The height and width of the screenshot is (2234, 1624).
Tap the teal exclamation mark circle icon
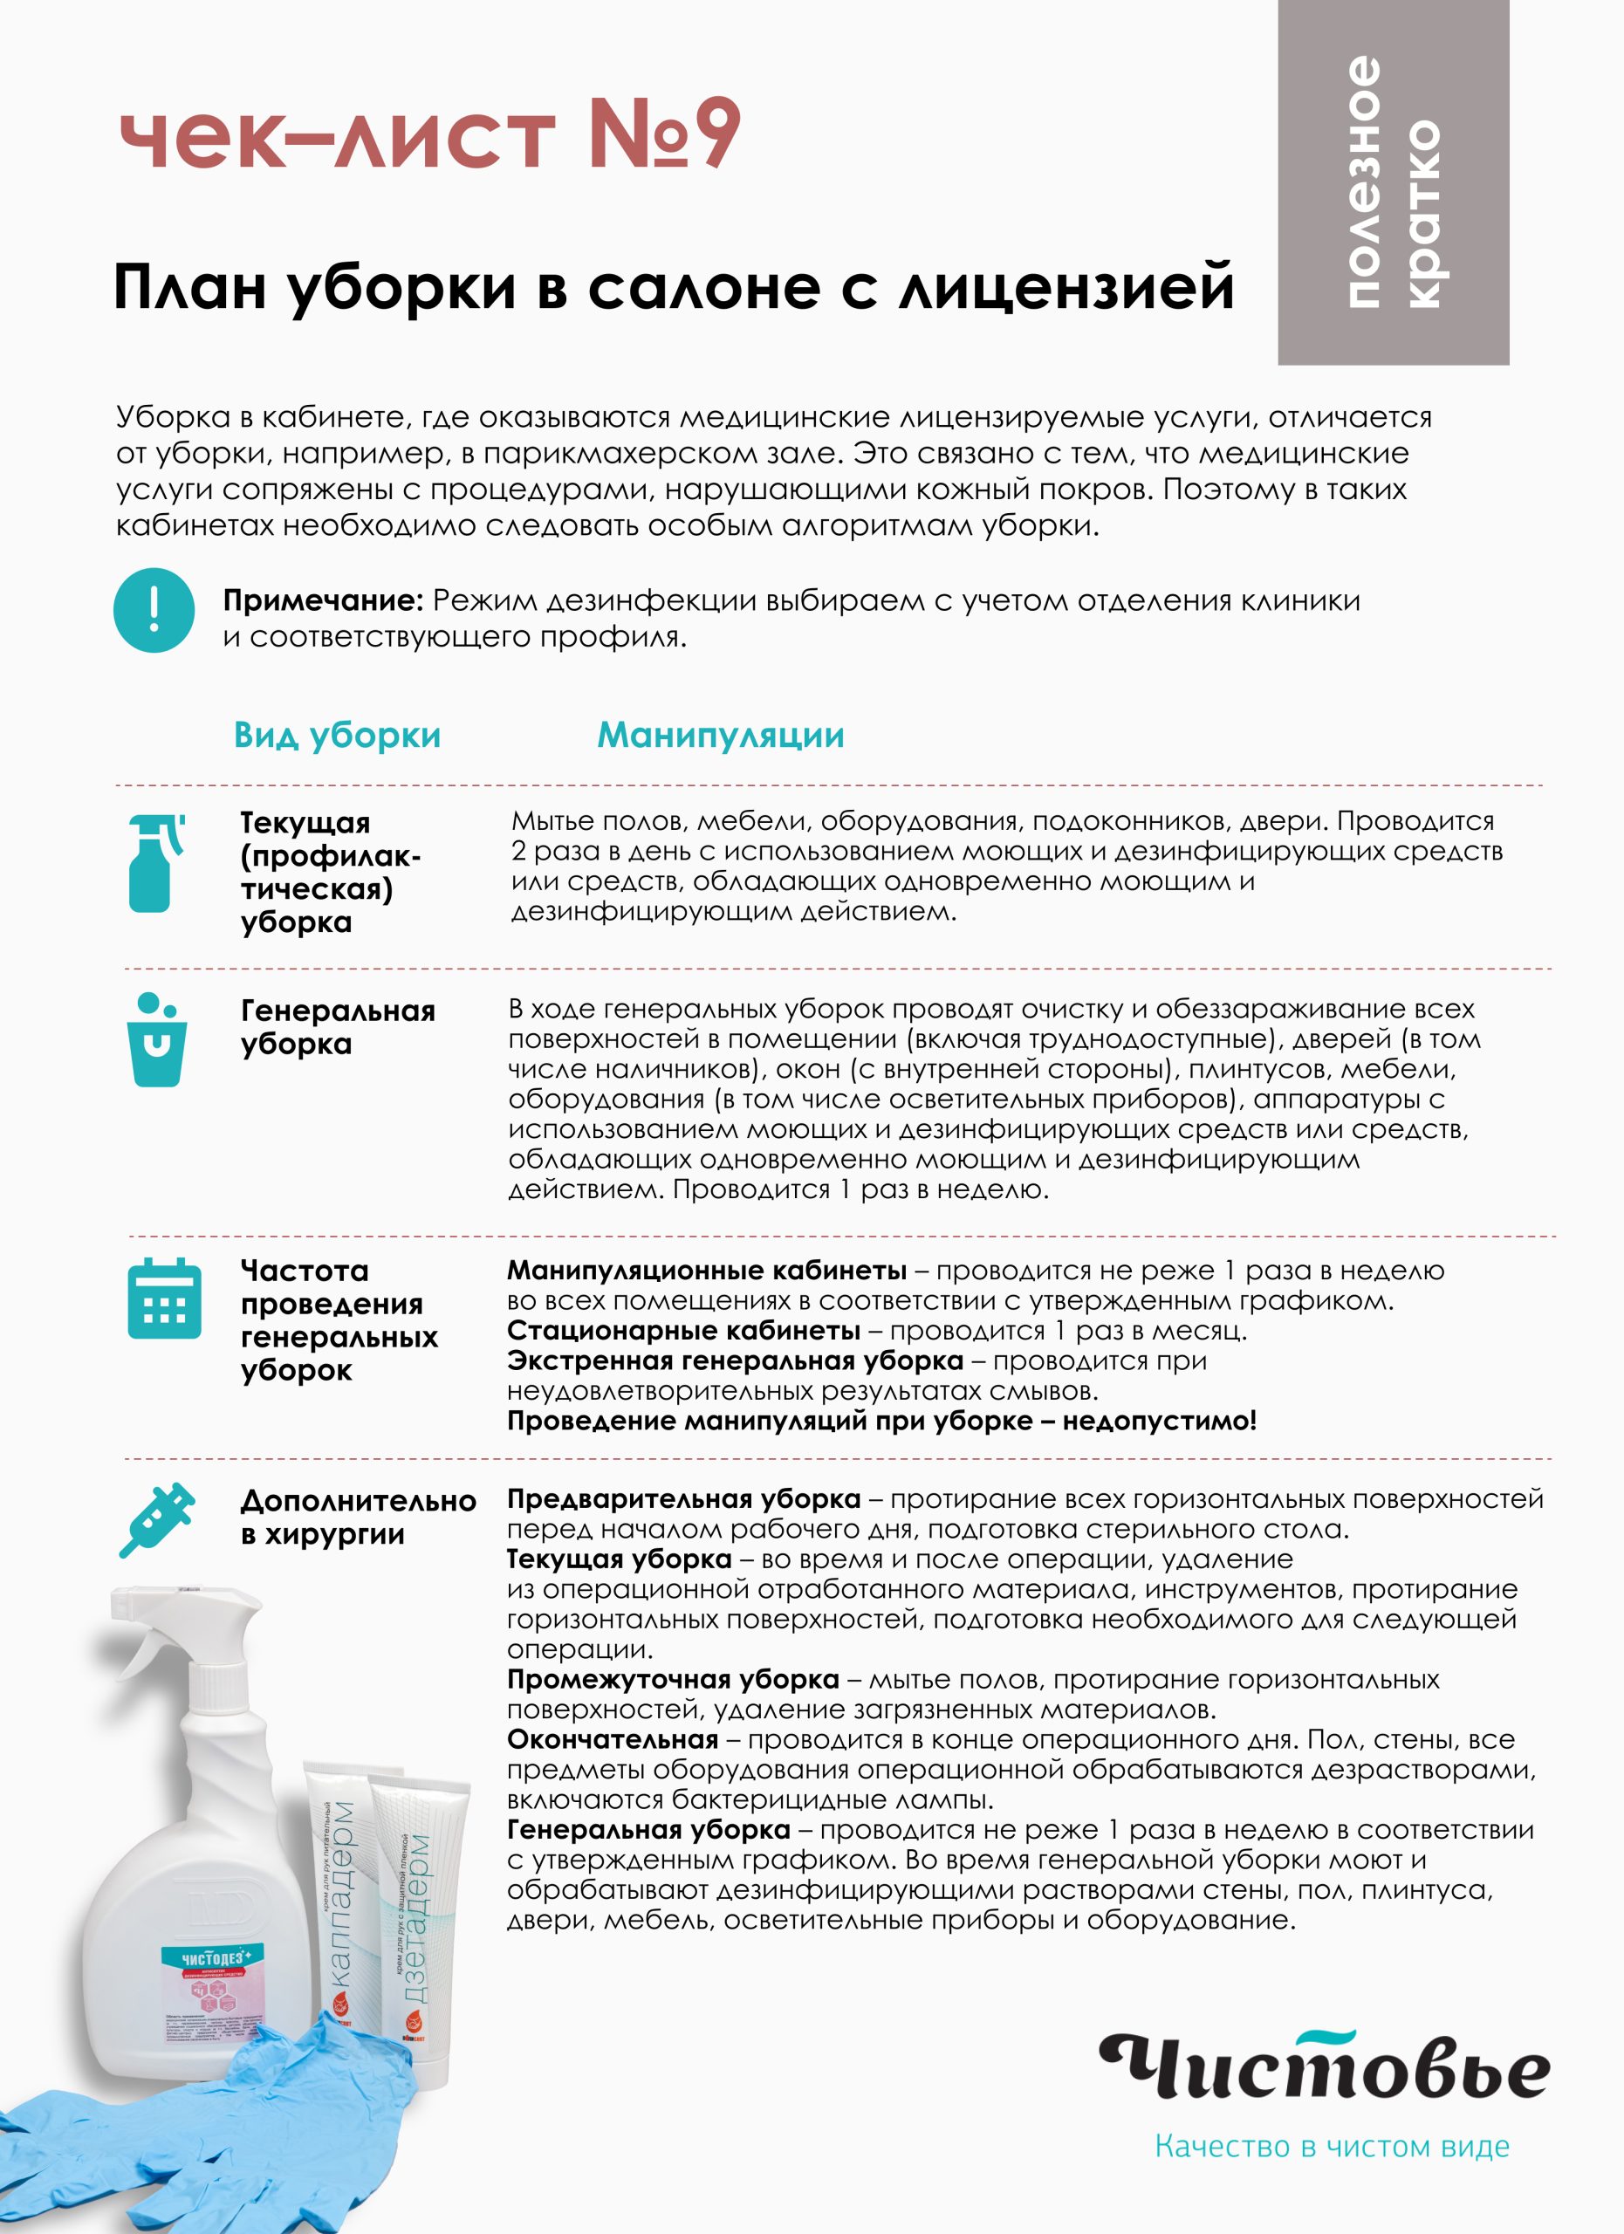pos(154,610)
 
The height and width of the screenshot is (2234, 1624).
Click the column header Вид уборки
pos(337,735)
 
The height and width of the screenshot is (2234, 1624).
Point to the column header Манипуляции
pos(720,735)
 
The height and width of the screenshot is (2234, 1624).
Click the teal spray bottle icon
pos(154,862)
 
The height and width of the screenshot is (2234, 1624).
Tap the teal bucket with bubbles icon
pos(155,1040)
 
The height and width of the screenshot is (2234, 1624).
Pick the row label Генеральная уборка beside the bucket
pos(337,1026)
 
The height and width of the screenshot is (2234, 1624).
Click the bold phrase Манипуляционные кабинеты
pos(706,1271)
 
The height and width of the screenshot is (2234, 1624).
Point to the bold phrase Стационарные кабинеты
pos(683,1331)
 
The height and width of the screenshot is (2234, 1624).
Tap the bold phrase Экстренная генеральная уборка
pos(735,1360)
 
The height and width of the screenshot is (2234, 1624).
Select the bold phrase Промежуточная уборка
pos(673,1680)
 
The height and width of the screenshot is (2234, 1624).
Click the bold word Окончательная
pos(612,1739)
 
